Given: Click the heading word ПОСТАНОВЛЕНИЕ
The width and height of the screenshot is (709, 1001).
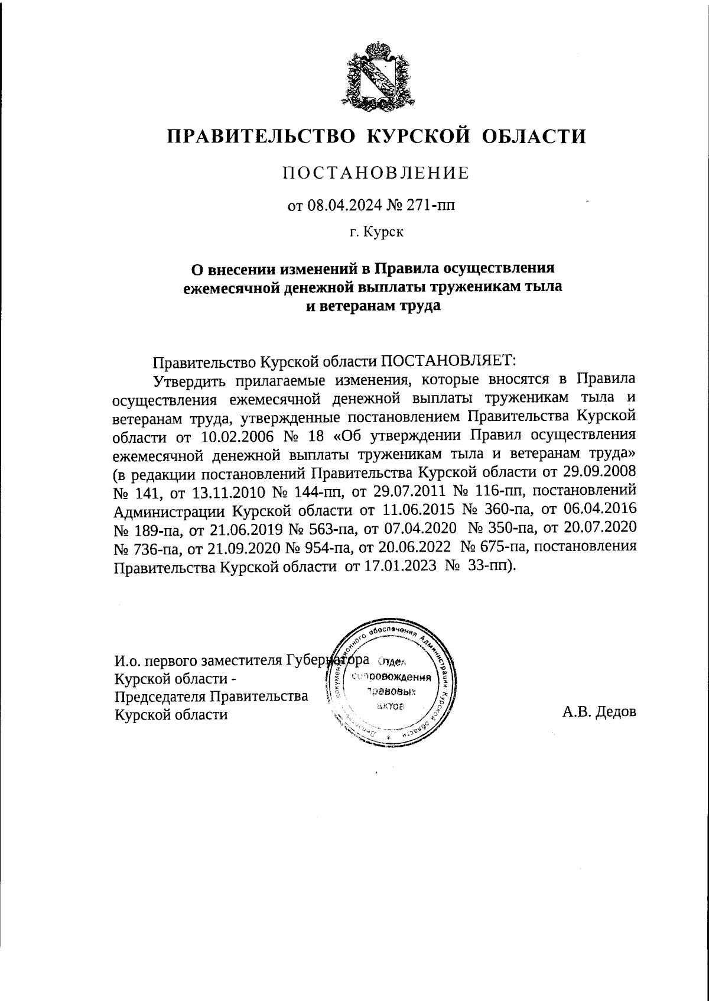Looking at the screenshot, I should [x=376, y=173].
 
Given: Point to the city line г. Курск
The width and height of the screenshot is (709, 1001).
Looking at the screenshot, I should [x=376, y=234].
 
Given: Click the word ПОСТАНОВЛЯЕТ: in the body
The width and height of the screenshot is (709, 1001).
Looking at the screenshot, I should [x=448, y=361].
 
